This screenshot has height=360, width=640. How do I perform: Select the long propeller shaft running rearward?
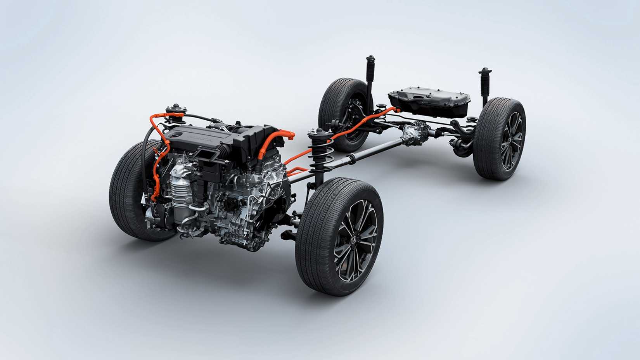(368, 153)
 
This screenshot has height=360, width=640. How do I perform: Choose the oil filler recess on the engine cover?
(176, 135)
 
